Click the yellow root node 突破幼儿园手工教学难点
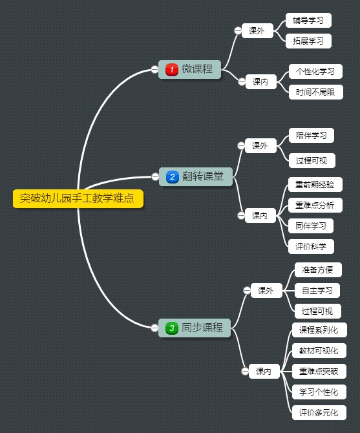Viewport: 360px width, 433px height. click(x=78, y=198)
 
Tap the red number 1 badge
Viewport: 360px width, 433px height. click(x=172, y=70)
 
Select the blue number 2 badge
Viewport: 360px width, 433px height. click(x=173, y=176)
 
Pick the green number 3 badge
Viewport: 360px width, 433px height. click(x=172, y=328)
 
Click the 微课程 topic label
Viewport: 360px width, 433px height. click(x=197, y=69)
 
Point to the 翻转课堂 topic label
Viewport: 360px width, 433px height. click(x=203, y=176)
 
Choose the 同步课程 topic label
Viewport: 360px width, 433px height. click(x=202, y=328)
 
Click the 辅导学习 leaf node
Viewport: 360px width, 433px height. click(x=308, y=21)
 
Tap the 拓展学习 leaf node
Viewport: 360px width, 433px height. click(x=308, y=41)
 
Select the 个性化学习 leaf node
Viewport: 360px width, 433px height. click(x=315, y=72)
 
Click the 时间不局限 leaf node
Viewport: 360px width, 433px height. click(x=316, y=92)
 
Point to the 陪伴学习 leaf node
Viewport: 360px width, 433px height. click(x=312, y=135)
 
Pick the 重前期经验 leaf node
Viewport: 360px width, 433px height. click(x=315, y=184)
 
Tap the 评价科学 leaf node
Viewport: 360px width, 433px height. click(x=311, y=247)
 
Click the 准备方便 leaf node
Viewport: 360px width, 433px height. click(x=318, y=269)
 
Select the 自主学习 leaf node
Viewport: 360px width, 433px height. click(x=317, y=291)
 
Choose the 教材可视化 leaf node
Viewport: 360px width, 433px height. click(x=319, y=351)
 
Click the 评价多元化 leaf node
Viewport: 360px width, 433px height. click(x=319, y=412)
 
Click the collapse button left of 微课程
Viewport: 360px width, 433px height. click(x=154, y=69)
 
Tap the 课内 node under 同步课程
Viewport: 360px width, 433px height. click(x=264, y=371)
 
